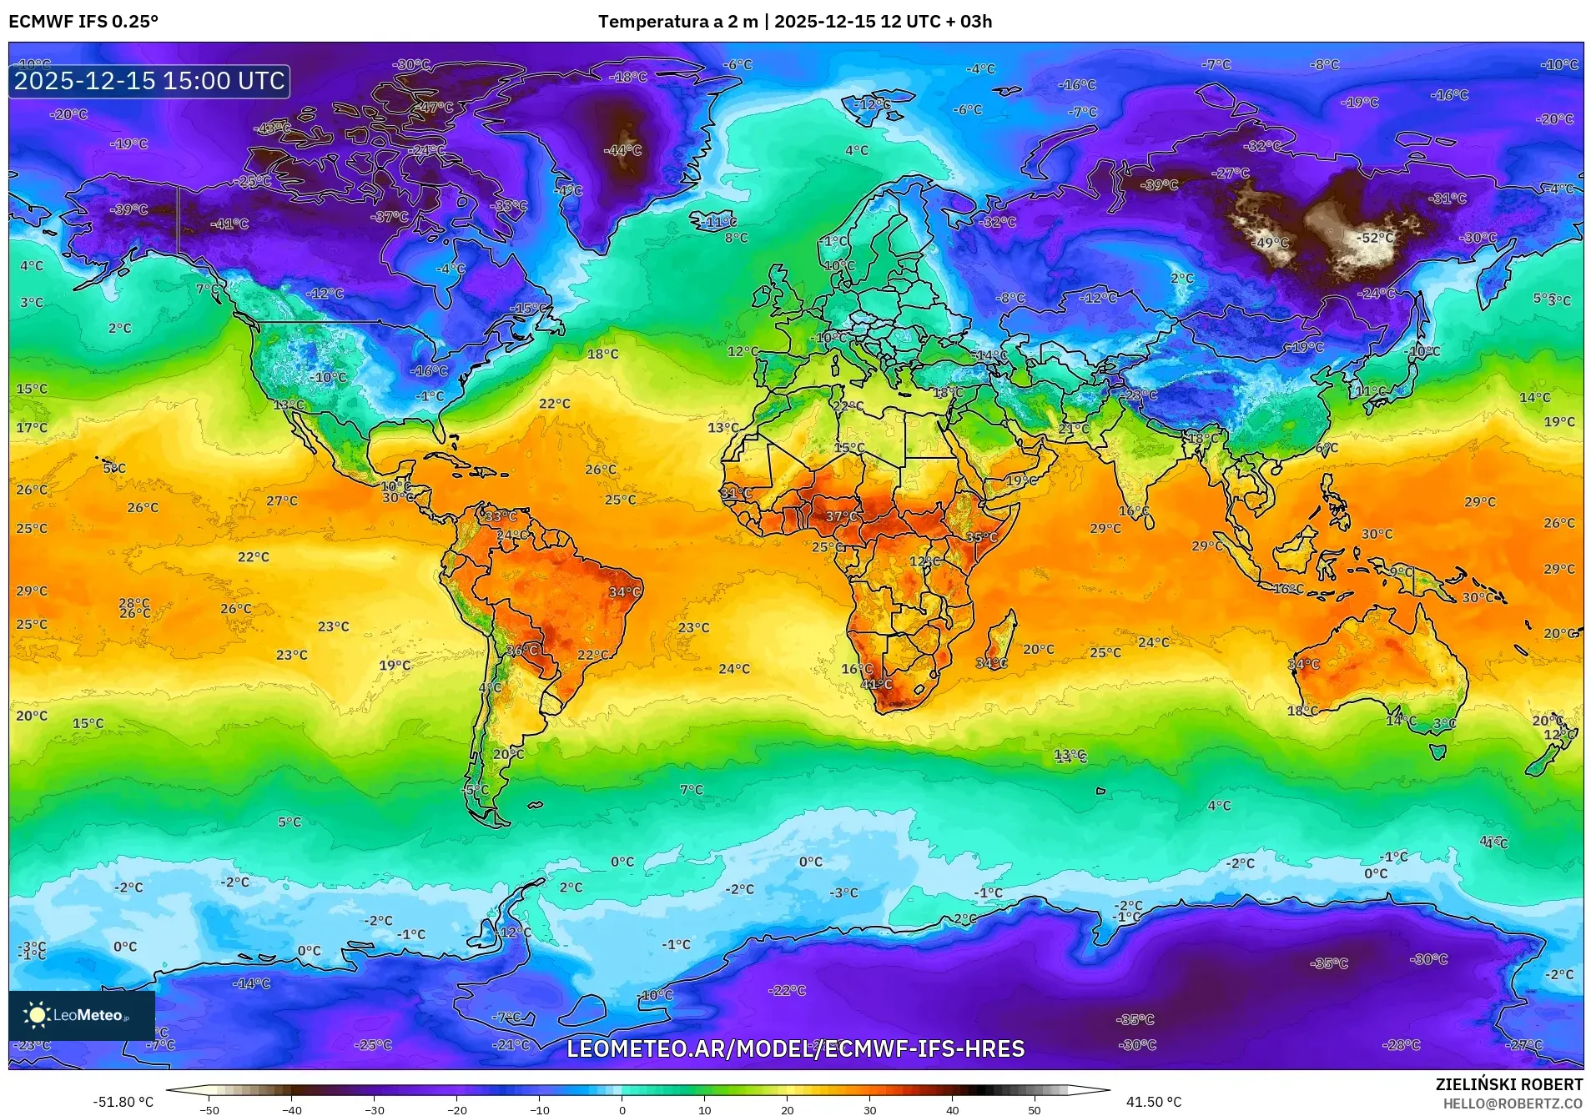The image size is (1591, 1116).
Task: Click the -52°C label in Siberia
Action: click(1375, 238)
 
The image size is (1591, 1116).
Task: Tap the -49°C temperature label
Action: click(1272, 243)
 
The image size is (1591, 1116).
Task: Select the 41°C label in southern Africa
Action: click(877, 684)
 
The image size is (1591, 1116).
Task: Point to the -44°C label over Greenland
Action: click(622, 150)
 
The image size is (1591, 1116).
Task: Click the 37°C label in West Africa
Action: click(841, 517)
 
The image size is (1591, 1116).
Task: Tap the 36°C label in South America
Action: click(522, 650)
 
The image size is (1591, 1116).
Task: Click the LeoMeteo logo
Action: click(82, 1015)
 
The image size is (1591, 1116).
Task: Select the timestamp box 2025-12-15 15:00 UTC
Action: click(149, 81)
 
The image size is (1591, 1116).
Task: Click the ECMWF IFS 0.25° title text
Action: click(83, 22)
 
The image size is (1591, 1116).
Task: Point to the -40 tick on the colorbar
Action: click(291, 1110)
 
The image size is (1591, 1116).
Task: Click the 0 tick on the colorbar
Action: click(622, 1110)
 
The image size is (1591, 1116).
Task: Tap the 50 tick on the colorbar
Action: click(1035, 1110)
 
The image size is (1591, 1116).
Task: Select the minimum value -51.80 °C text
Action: click(123, 1102)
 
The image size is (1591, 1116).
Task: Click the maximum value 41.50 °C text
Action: click(1154, 1102)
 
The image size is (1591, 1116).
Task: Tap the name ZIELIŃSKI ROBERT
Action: click(1508, 1084)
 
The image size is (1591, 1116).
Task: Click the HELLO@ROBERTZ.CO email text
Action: click(1513, 1103)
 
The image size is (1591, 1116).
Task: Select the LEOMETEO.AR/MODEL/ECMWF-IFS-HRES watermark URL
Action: click(795, 1048)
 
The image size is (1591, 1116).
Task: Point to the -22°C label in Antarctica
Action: click(787, 990)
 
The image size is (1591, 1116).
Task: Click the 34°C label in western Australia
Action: click(1303, 664)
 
